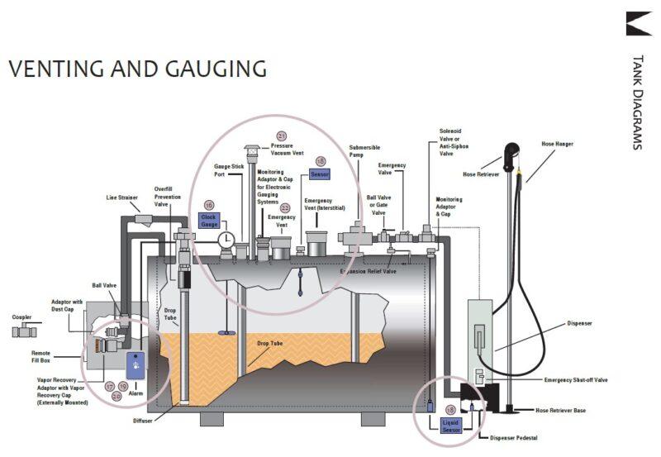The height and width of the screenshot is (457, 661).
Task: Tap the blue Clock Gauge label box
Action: [209, 220]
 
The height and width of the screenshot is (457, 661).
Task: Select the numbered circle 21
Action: [282, 136]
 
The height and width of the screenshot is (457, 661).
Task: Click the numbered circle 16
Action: [209, 204]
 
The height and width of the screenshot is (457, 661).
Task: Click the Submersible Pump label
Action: [364, 151]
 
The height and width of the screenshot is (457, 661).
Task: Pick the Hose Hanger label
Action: [559, 144]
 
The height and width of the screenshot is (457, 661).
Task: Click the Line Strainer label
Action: [121, 198]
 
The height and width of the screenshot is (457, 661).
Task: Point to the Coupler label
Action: [22, 317]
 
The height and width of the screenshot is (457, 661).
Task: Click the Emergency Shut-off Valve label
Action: [576, 379]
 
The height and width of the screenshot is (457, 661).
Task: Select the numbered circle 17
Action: [109, 386]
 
